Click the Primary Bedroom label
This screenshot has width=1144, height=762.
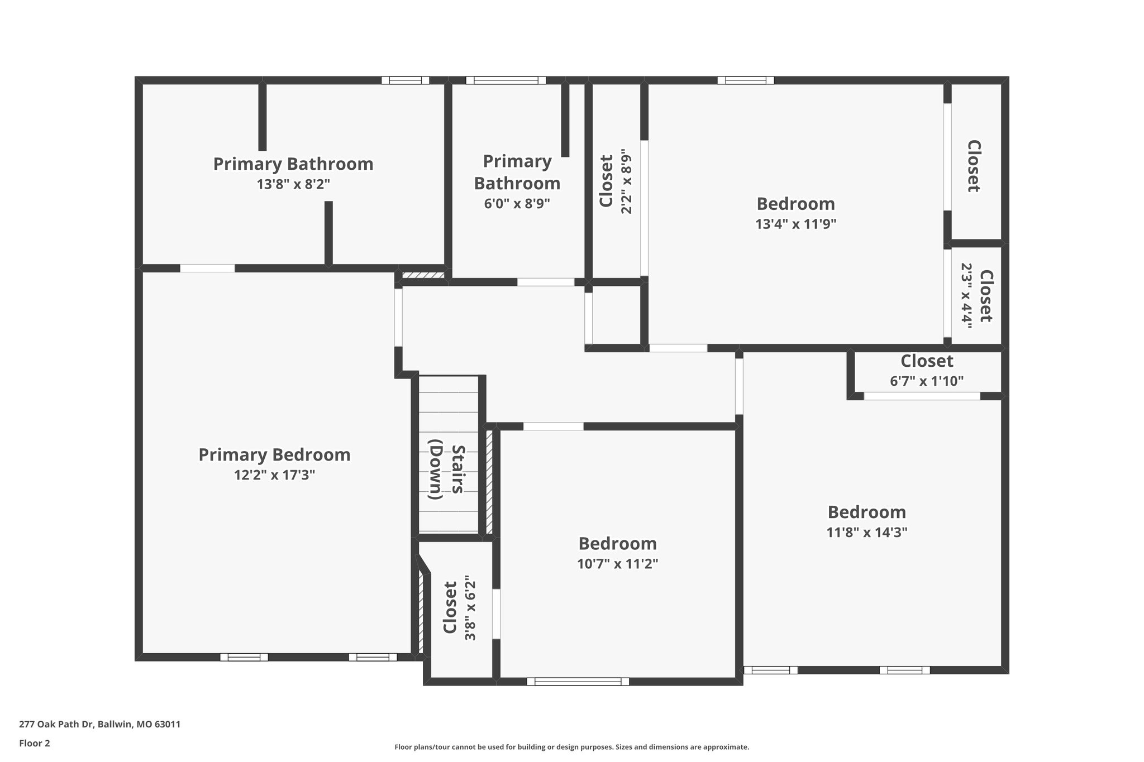(274, 454)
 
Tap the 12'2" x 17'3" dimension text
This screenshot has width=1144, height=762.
(274, 475)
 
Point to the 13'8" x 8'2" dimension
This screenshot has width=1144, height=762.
(293, 184)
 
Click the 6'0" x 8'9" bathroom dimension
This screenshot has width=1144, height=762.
(517, 203)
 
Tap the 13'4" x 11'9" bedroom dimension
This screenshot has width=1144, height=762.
(795, 224)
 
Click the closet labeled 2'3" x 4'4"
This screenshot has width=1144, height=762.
(977, 296)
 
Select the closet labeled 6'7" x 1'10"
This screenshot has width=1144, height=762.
(927, 371)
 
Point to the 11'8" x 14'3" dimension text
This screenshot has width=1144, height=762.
(866, 532)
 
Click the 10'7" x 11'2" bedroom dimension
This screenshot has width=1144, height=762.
(617, 564)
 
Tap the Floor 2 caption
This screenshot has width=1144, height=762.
(35, 743)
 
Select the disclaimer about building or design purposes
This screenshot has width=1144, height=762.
(571, 747)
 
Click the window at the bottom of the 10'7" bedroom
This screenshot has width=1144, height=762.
(578, 681)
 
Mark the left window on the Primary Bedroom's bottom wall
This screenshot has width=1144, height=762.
(244, 657)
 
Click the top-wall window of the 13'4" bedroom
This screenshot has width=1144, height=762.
(745, 80)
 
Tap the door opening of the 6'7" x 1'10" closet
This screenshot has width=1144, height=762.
(922, 396)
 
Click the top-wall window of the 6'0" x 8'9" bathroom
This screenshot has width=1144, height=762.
(506, 80)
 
